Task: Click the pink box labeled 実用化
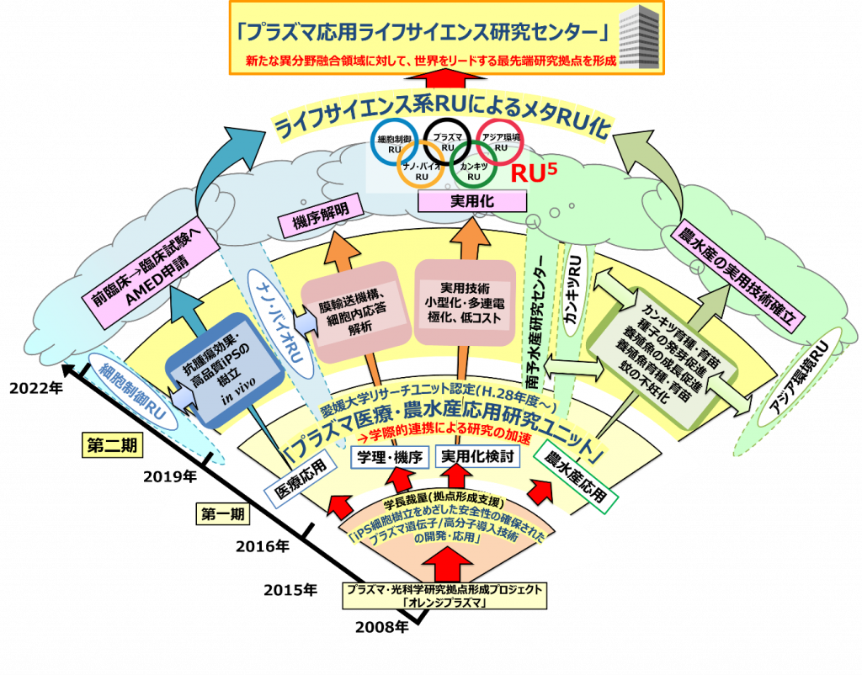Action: pos(473,202)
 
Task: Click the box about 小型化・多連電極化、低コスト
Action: pos(464,305)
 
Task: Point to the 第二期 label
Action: pos(108,445)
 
